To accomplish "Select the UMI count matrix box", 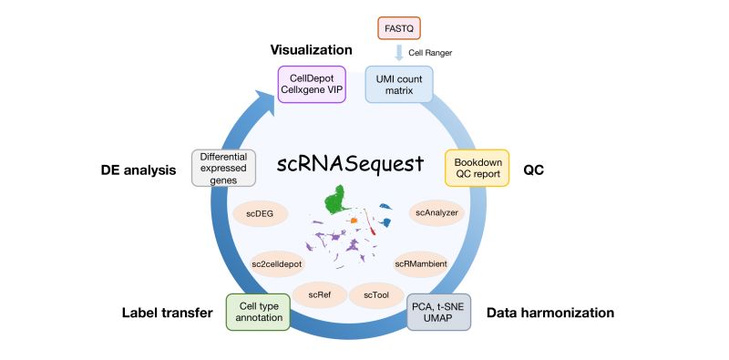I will click(x=398, y=84).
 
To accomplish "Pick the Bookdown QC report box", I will click(x=477, y=168).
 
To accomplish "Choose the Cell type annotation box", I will click(x=259, y=310).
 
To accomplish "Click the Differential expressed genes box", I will click(x=222, y=168).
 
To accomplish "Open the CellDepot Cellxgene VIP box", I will click(x=311, y=83).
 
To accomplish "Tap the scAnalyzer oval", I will click(x=436, y=213).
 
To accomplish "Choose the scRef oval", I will click(x=319, y=295).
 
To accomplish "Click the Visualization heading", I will click(x=310, y=50).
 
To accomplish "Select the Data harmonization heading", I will click(x=549, y=313).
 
